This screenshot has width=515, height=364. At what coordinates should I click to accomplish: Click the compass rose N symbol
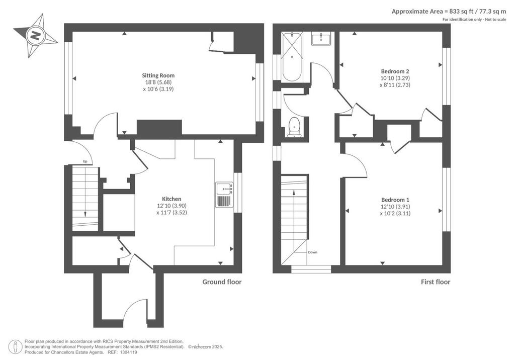35,36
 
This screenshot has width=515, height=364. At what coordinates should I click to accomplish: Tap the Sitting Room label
158,75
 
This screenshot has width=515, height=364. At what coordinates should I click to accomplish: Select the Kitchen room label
171,199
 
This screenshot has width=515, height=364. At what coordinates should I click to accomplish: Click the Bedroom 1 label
395,200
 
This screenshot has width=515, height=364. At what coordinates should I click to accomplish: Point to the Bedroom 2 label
395,71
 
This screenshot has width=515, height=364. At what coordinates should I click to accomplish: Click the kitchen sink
224,195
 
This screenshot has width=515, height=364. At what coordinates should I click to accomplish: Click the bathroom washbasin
321,38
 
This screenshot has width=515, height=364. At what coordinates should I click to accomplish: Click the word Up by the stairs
85,161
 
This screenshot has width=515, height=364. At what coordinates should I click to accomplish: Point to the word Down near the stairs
313,252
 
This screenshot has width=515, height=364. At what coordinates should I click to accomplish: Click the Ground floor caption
222,282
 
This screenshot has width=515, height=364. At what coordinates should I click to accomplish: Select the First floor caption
436,282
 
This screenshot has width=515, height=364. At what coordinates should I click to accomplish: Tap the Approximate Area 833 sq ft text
449,12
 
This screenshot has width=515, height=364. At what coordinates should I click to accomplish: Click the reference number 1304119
129,352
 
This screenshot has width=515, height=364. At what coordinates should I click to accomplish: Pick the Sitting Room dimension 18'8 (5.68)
158,82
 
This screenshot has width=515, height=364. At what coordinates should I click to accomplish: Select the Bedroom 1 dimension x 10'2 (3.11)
395,213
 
